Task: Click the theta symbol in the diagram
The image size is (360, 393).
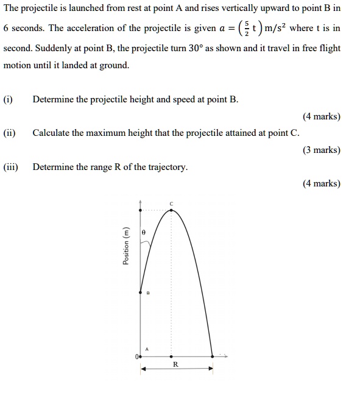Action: tap(144, 233)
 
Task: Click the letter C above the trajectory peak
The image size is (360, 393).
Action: tap(171, 203)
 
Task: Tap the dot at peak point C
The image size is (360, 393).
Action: tap(171, 211)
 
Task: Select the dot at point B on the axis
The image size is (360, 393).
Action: tap(141, 291)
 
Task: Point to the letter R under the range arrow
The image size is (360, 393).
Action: tap(175, 364)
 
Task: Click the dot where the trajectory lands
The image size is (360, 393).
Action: tap(212, 355)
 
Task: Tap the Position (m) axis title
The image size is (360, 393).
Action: tap(126, 246)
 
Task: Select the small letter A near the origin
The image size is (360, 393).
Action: tap(147, 348)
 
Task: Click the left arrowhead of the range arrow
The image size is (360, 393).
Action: tap(143, 369)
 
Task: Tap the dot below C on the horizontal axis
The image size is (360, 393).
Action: tap(171, 355)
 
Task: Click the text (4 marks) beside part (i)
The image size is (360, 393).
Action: tap(321, 116)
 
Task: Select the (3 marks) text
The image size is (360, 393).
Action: tap(321, 150)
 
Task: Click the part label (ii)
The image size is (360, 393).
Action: tap(10, 133)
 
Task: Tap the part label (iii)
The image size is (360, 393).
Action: tap(11, 166)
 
